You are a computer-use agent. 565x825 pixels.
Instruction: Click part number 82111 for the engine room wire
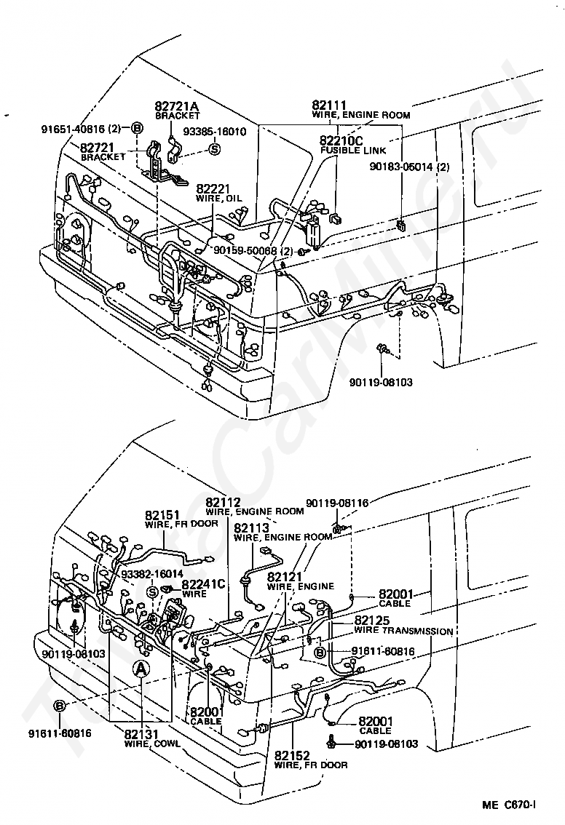[x=329, y=105]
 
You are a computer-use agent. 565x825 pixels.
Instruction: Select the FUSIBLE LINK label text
[x=353, y=150]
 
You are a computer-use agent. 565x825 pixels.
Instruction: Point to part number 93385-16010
[x=215, y=131]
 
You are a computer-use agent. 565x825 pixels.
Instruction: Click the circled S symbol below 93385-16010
[x=214, y=149]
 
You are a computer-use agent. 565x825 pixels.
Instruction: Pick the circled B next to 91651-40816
[x=136, y=128]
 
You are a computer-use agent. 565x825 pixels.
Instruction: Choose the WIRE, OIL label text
[x=218, y=199]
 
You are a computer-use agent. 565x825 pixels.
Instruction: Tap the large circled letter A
[x=141, y=669]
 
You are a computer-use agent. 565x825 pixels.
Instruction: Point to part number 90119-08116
[x=337, y=503]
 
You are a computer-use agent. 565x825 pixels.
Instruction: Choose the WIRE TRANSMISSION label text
[x=403, y=631]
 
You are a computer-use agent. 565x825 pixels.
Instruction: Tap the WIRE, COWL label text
[x=152, y=744]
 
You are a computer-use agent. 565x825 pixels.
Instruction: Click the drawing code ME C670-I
[x=509, y=805]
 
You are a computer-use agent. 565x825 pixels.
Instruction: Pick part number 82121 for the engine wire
[x=285, y=577]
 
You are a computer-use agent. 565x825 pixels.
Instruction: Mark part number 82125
[x=372, y=621]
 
